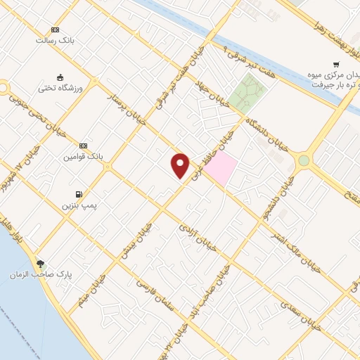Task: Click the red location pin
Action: click(181, 166)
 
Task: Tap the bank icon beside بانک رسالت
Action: click(55, 30)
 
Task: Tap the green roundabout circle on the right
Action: click(304, 160)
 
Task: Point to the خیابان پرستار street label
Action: click(125, 109)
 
